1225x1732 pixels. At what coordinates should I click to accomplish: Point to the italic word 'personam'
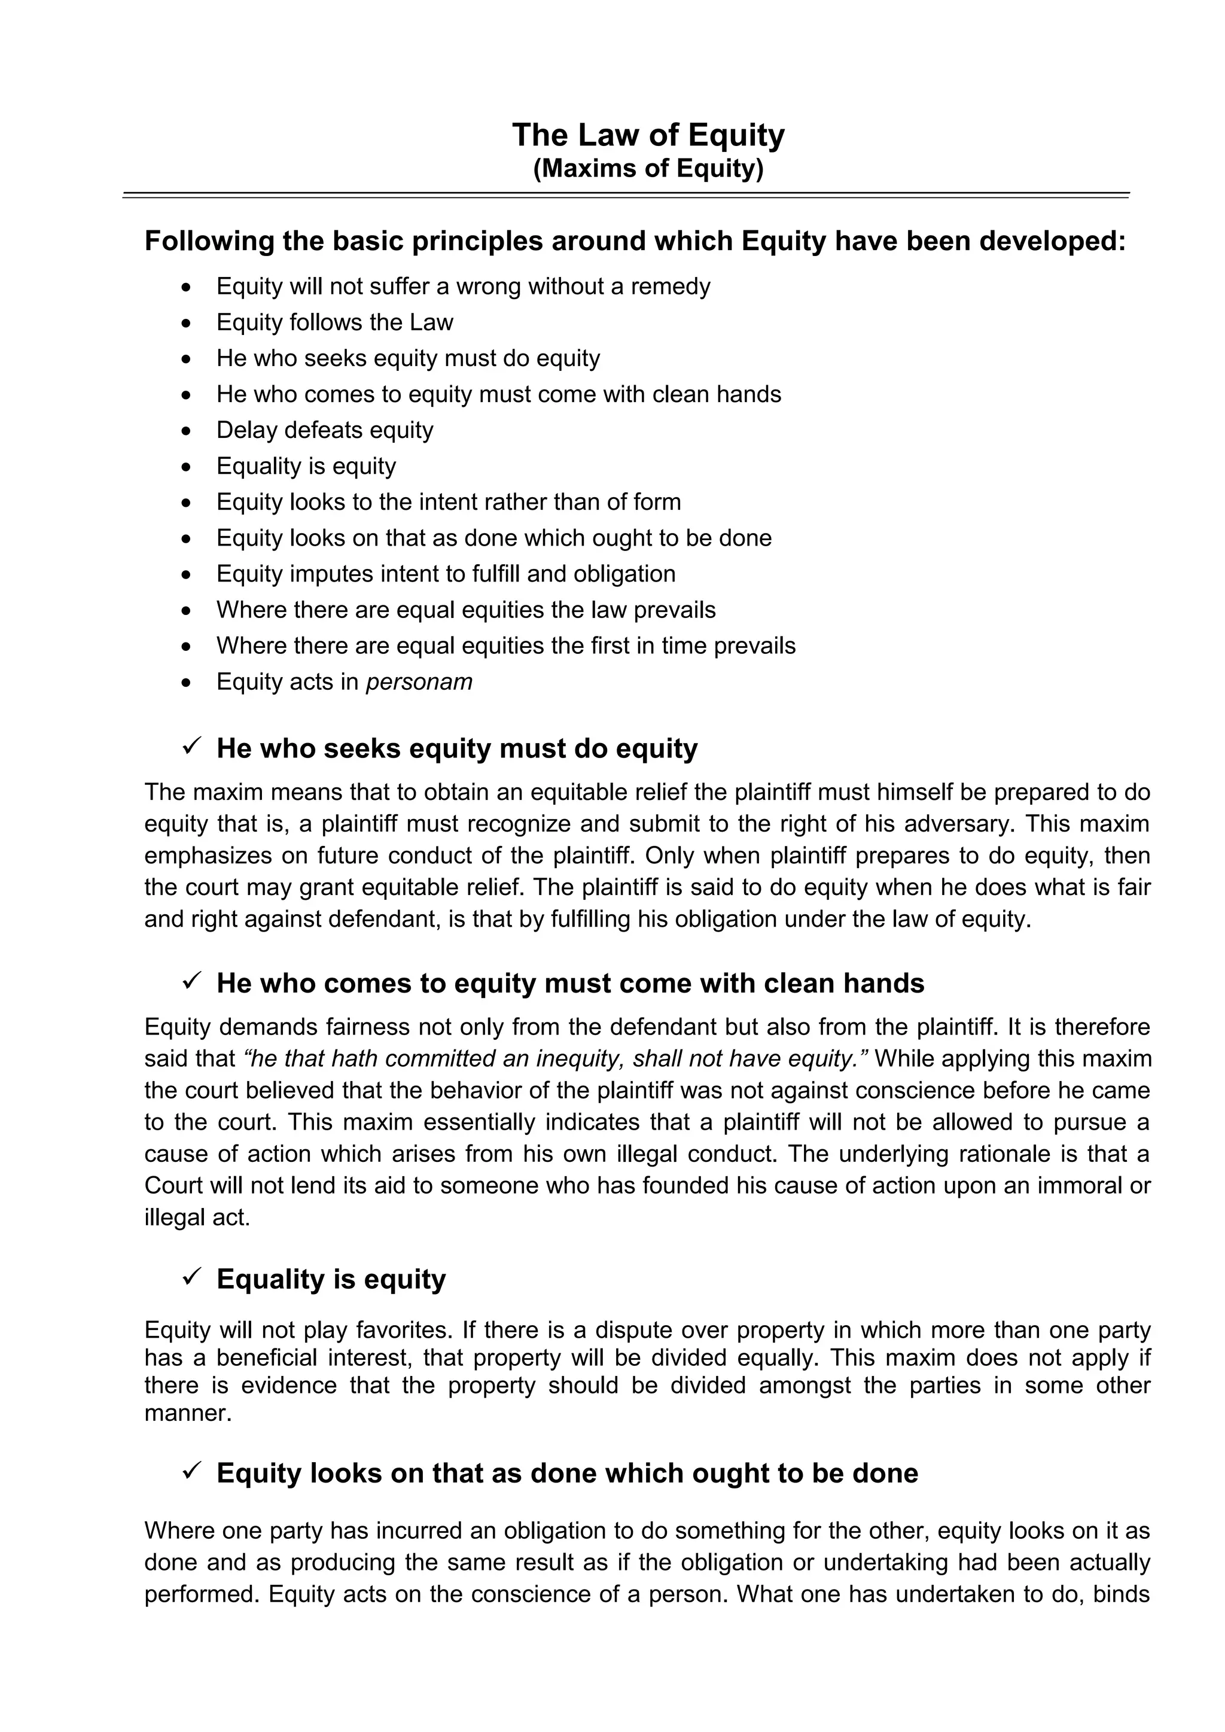click(419, 682)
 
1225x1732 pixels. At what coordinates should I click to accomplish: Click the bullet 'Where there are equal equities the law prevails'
click(465, 610)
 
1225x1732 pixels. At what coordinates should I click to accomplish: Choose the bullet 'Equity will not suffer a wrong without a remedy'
click(463, 287)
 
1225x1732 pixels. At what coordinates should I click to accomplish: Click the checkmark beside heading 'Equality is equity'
click(190, 1277)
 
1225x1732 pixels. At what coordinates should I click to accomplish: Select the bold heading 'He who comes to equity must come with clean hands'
click(569, 984)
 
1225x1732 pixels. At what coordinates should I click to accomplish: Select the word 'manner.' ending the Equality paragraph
click(188, 1413)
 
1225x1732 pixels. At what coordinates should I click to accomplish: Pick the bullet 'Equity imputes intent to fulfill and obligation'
click(445, 574)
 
